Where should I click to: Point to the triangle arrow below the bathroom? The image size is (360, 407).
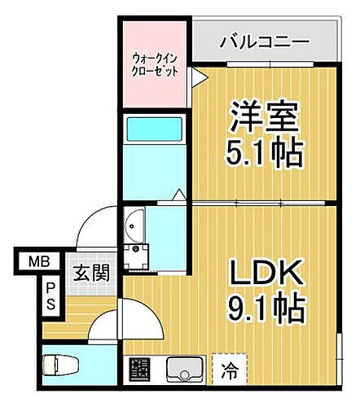tap(177, 196)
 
